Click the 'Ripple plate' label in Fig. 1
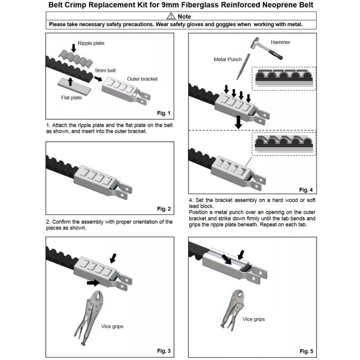pyautogui.click(x=92, y=43)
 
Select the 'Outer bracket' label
pyautogui.click(x=142, y=79)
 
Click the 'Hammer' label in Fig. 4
pyautogui.click(x=280, y=42)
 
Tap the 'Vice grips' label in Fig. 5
pyautogui.click(x=254, y=319)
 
